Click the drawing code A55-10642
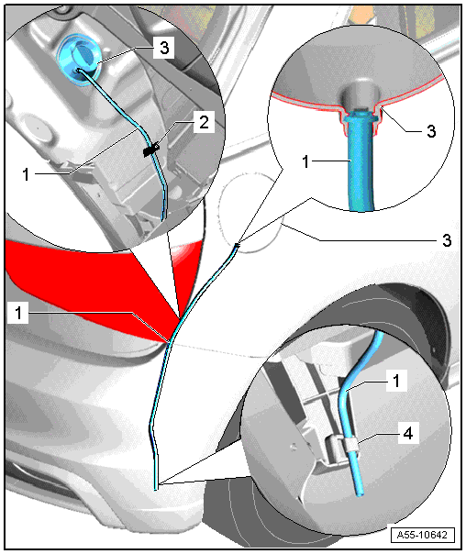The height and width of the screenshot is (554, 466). (422, 535)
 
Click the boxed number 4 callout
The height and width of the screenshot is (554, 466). (407, 433)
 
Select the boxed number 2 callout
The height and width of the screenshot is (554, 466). (205, 123)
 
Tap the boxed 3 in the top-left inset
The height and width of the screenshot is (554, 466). (164, 48)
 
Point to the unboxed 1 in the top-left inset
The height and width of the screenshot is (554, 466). (26, 174)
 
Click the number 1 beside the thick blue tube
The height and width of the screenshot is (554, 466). (305, 161)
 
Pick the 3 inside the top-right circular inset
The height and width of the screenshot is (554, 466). (431, 131)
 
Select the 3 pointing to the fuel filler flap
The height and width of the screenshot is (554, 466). (447, 240)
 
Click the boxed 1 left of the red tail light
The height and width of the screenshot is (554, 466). (18, 313)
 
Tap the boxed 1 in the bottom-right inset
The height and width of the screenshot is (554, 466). (397, 381)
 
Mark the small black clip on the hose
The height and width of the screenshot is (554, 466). (150, 150)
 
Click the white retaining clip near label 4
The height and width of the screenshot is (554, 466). (350, 447)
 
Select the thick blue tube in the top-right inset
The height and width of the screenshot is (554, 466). (360, 162)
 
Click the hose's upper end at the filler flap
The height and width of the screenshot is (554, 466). (237, 244)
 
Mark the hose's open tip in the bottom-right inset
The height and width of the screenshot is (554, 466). (360, 494)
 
